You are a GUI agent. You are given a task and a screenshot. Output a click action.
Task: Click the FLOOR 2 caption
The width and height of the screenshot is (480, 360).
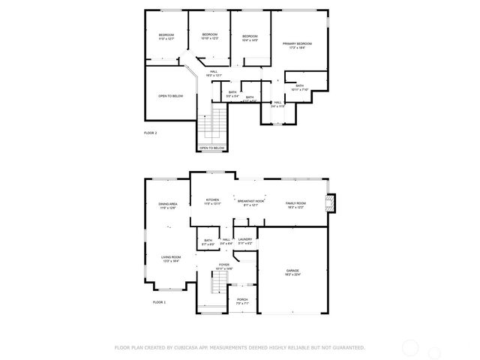pos(151,133)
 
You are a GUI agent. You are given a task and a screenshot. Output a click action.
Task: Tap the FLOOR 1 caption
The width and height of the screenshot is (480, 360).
pos(159,301)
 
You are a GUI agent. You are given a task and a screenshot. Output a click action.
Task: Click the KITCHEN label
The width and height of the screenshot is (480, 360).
pos(212,201)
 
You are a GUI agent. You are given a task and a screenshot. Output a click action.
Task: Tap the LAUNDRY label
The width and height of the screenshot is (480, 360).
pos(244,241)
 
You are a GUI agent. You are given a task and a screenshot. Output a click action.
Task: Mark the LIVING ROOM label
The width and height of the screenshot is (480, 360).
pos(170,258)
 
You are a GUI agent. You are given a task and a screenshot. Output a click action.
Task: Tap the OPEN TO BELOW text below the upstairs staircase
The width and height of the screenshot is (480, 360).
pos(211,148)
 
